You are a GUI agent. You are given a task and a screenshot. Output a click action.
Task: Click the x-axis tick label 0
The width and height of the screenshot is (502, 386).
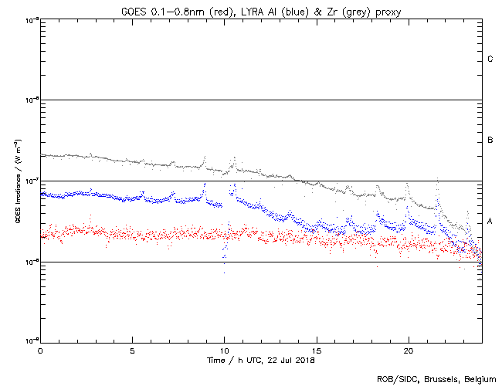tap(40, 350)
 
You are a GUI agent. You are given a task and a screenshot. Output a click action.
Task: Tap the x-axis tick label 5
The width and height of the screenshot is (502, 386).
tap(132, 350)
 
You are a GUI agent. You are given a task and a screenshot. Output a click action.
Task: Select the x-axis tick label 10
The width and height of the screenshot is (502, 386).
tap(224, 350)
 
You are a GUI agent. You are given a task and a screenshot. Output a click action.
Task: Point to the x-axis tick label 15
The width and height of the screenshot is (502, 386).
tap(316, 350)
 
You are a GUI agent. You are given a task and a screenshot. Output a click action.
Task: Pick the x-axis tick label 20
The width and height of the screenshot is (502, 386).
tap(408, 350)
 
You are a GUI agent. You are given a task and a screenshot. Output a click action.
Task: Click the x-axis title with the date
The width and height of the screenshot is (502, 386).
tap(261, 359)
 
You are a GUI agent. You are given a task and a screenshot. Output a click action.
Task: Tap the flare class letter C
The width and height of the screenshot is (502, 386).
tap(490, 59)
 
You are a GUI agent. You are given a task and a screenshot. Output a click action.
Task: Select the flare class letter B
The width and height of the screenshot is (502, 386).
tap(490, 141)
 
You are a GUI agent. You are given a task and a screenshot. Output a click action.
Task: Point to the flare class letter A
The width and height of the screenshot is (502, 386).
tap(490, 222)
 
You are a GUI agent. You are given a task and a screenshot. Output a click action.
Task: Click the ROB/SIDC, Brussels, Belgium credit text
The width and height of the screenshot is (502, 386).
tap(435, 378)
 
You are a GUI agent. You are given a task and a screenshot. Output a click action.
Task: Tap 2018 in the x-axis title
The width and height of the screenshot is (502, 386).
tap(305, 359)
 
